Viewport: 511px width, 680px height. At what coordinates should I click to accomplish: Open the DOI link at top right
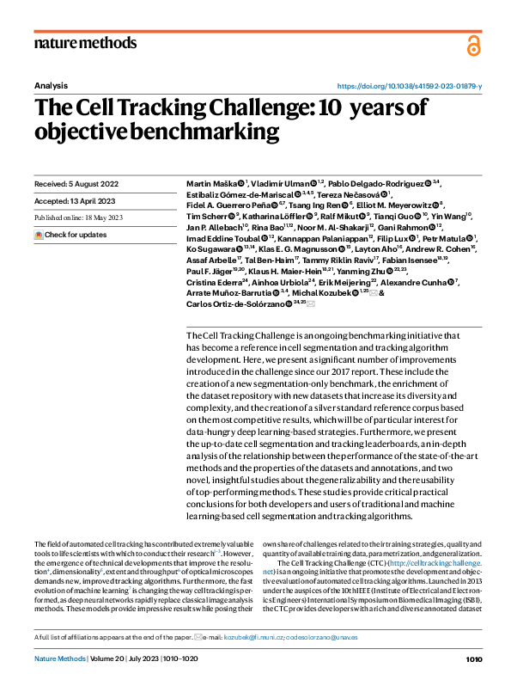click(409, 86)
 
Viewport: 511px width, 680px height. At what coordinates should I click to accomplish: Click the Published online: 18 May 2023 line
click(78, 218)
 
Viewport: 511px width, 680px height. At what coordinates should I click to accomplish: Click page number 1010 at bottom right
click(474, 659)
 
